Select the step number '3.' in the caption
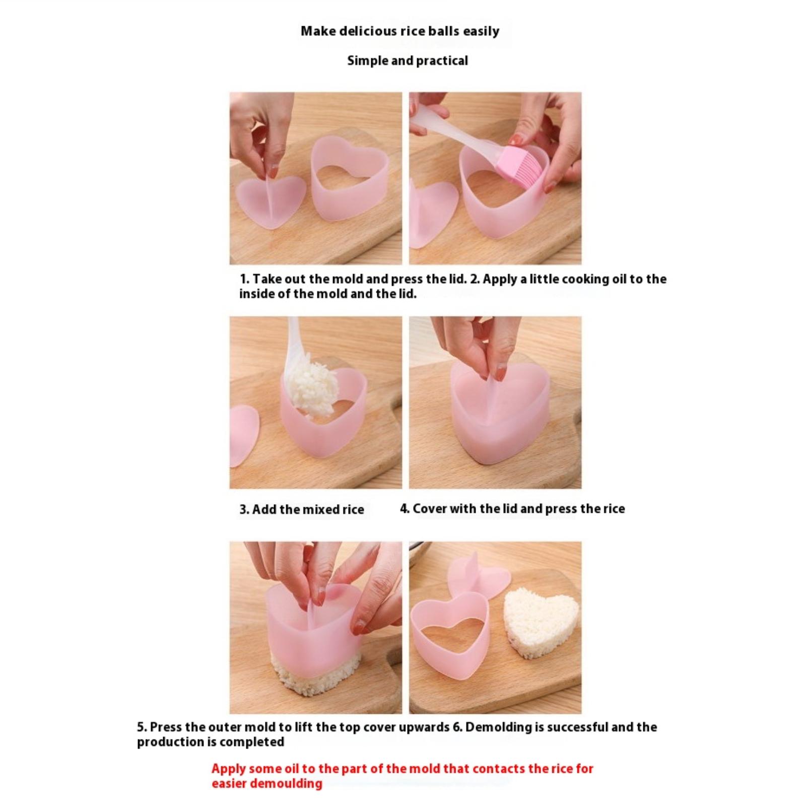[244, 510]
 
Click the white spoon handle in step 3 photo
[292, 348]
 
